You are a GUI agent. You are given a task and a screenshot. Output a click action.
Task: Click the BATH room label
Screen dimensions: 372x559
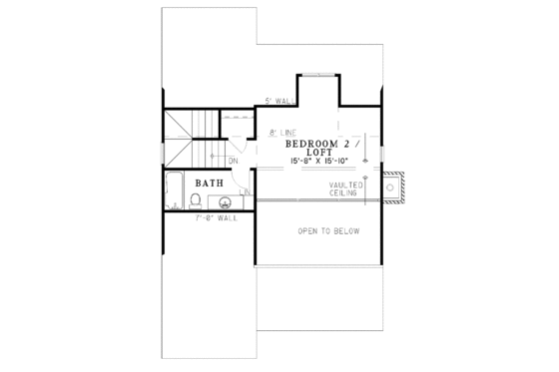[x=209, y=183]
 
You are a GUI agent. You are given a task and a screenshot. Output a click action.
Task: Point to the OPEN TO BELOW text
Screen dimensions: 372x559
[x=328, y=230]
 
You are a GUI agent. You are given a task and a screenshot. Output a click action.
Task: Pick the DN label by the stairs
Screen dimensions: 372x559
[x=232, y=160]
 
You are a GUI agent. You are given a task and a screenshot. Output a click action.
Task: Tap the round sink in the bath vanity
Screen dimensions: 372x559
[x=223, y=200]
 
